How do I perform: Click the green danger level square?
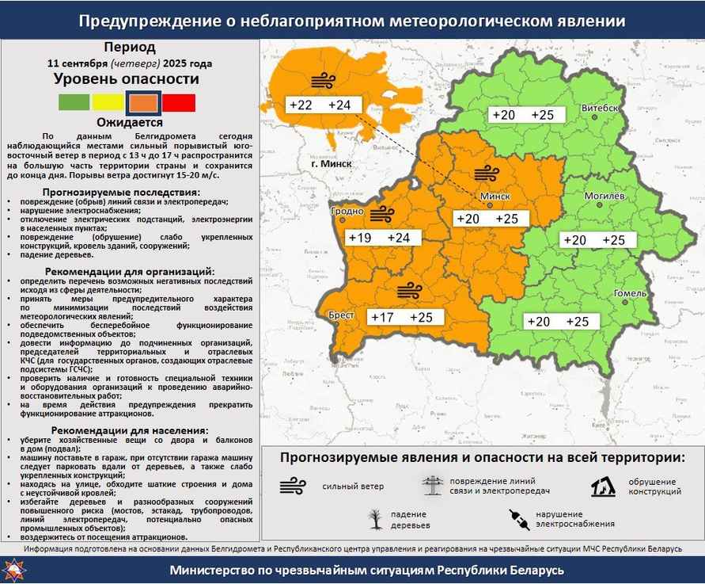coord(74,102)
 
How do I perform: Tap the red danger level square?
coord(179,102)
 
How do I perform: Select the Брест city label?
coord(341,315)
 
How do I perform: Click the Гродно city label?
coord(348,212)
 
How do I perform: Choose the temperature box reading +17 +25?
coord(404,318)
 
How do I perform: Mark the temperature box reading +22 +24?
coord(324,105)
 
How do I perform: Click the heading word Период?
coord(130,48)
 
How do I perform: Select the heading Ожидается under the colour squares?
coord(130,123)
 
